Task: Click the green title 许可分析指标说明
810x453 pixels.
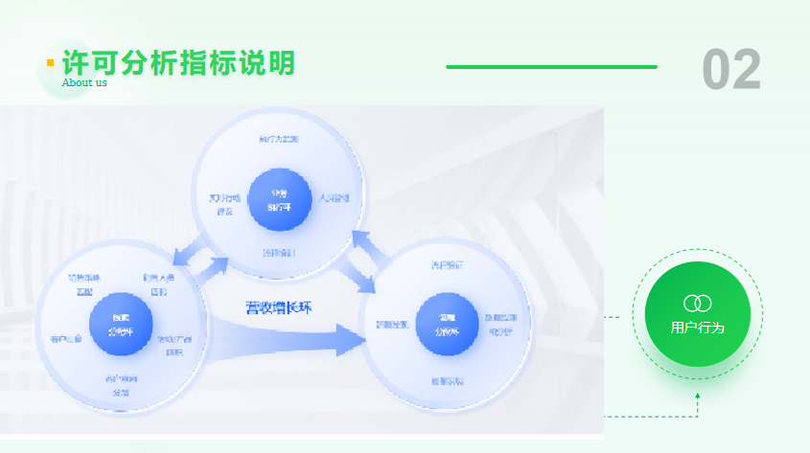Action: click(178, 62)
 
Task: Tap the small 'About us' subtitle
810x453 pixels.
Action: click(84, 82)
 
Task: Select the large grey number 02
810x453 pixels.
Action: click(731, 69)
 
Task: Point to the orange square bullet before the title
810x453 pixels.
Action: click(50, 63)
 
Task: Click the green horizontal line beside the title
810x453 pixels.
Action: click(551, 67)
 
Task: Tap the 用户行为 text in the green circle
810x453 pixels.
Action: click(697, 328)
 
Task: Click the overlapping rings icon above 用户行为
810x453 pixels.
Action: click(698, 304)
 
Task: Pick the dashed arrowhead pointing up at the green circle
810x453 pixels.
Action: click(698, 396)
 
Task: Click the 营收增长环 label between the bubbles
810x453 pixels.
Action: click(278, 307)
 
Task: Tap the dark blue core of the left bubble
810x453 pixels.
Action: click(121, 325)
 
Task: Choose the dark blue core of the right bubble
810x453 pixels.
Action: click(448, 325)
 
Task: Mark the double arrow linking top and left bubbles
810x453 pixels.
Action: click(200, 260)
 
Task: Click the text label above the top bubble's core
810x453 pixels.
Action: click(278, 140)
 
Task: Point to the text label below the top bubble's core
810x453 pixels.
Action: click(279, 253)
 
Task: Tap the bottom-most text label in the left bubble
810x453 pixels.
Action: click(121, 386)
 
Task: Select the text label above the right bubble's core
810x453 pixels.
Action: click(447, 264)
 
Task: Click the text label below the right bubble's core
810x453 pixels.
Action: click(447, 381)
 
